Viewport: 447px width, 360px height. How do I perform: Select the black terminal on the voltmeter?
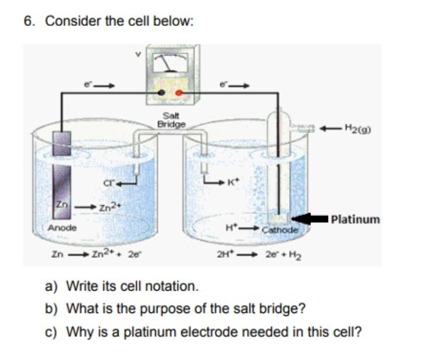click(161, 93)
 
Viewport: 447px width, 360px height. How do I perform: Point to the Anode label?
click(62, 228)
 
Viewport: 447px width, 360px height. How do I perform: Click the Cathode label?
click(280, 230)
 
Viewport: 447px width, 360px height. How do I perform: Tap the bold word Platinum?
click(355, 219)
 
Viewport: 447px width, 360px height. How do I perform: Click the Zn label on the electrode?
click(60, 205)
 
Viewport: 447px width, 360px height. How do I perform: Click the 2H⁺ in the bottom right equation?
click(223, 253)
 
